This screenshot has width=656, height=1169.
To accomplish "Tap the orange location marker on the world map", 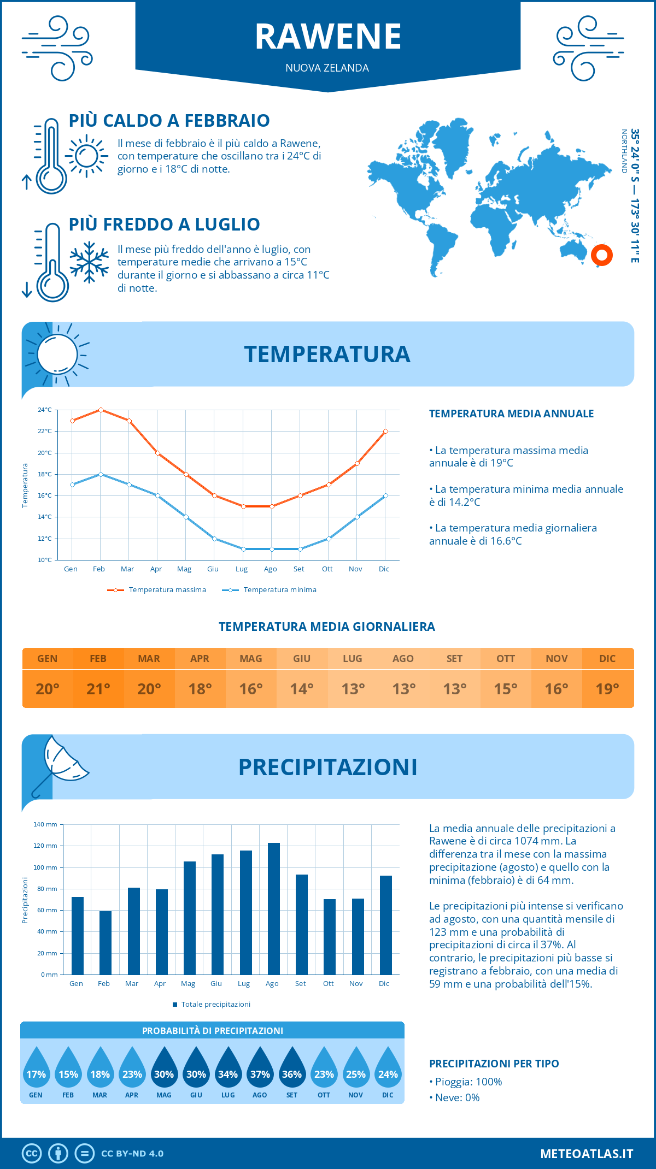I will pos(601,255).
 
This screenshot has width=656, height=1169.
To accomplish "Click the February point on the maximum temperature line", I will pos(101,410).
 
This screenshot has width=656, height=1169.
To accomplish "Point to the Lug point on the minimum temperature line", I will pos(243,549).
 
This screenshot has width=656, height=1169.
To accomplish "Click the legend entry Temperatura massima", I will pos(157,590).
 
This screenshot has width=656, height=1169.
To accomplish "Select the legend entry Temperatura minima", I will pos(270,590).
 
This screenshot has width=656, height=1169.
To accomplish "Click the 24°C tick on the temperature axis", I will pos(45,410).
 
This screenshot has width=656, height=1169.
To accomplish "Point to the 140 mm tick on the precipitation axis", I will pos(46,824).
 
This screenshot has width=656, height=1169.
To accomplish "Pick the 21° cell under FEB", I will pos(98,689).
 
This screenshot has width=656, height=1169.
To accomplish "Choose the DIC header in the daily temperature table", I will pos(607,659).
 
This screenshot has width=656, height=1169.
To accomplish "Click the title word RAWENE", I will pos(328,37).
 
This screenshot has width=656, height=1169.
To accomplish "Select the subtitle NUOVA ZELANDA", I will pos(327,68).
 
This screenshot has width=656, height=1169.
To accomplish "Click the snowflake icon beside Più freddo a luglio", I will pos(89,262).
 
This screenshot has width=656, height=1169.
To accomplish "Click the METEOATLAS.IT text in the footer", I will pos(586,1154).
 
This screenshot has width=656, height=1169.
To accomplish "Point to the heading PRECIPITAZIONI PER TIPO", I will pos(494,1064).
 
